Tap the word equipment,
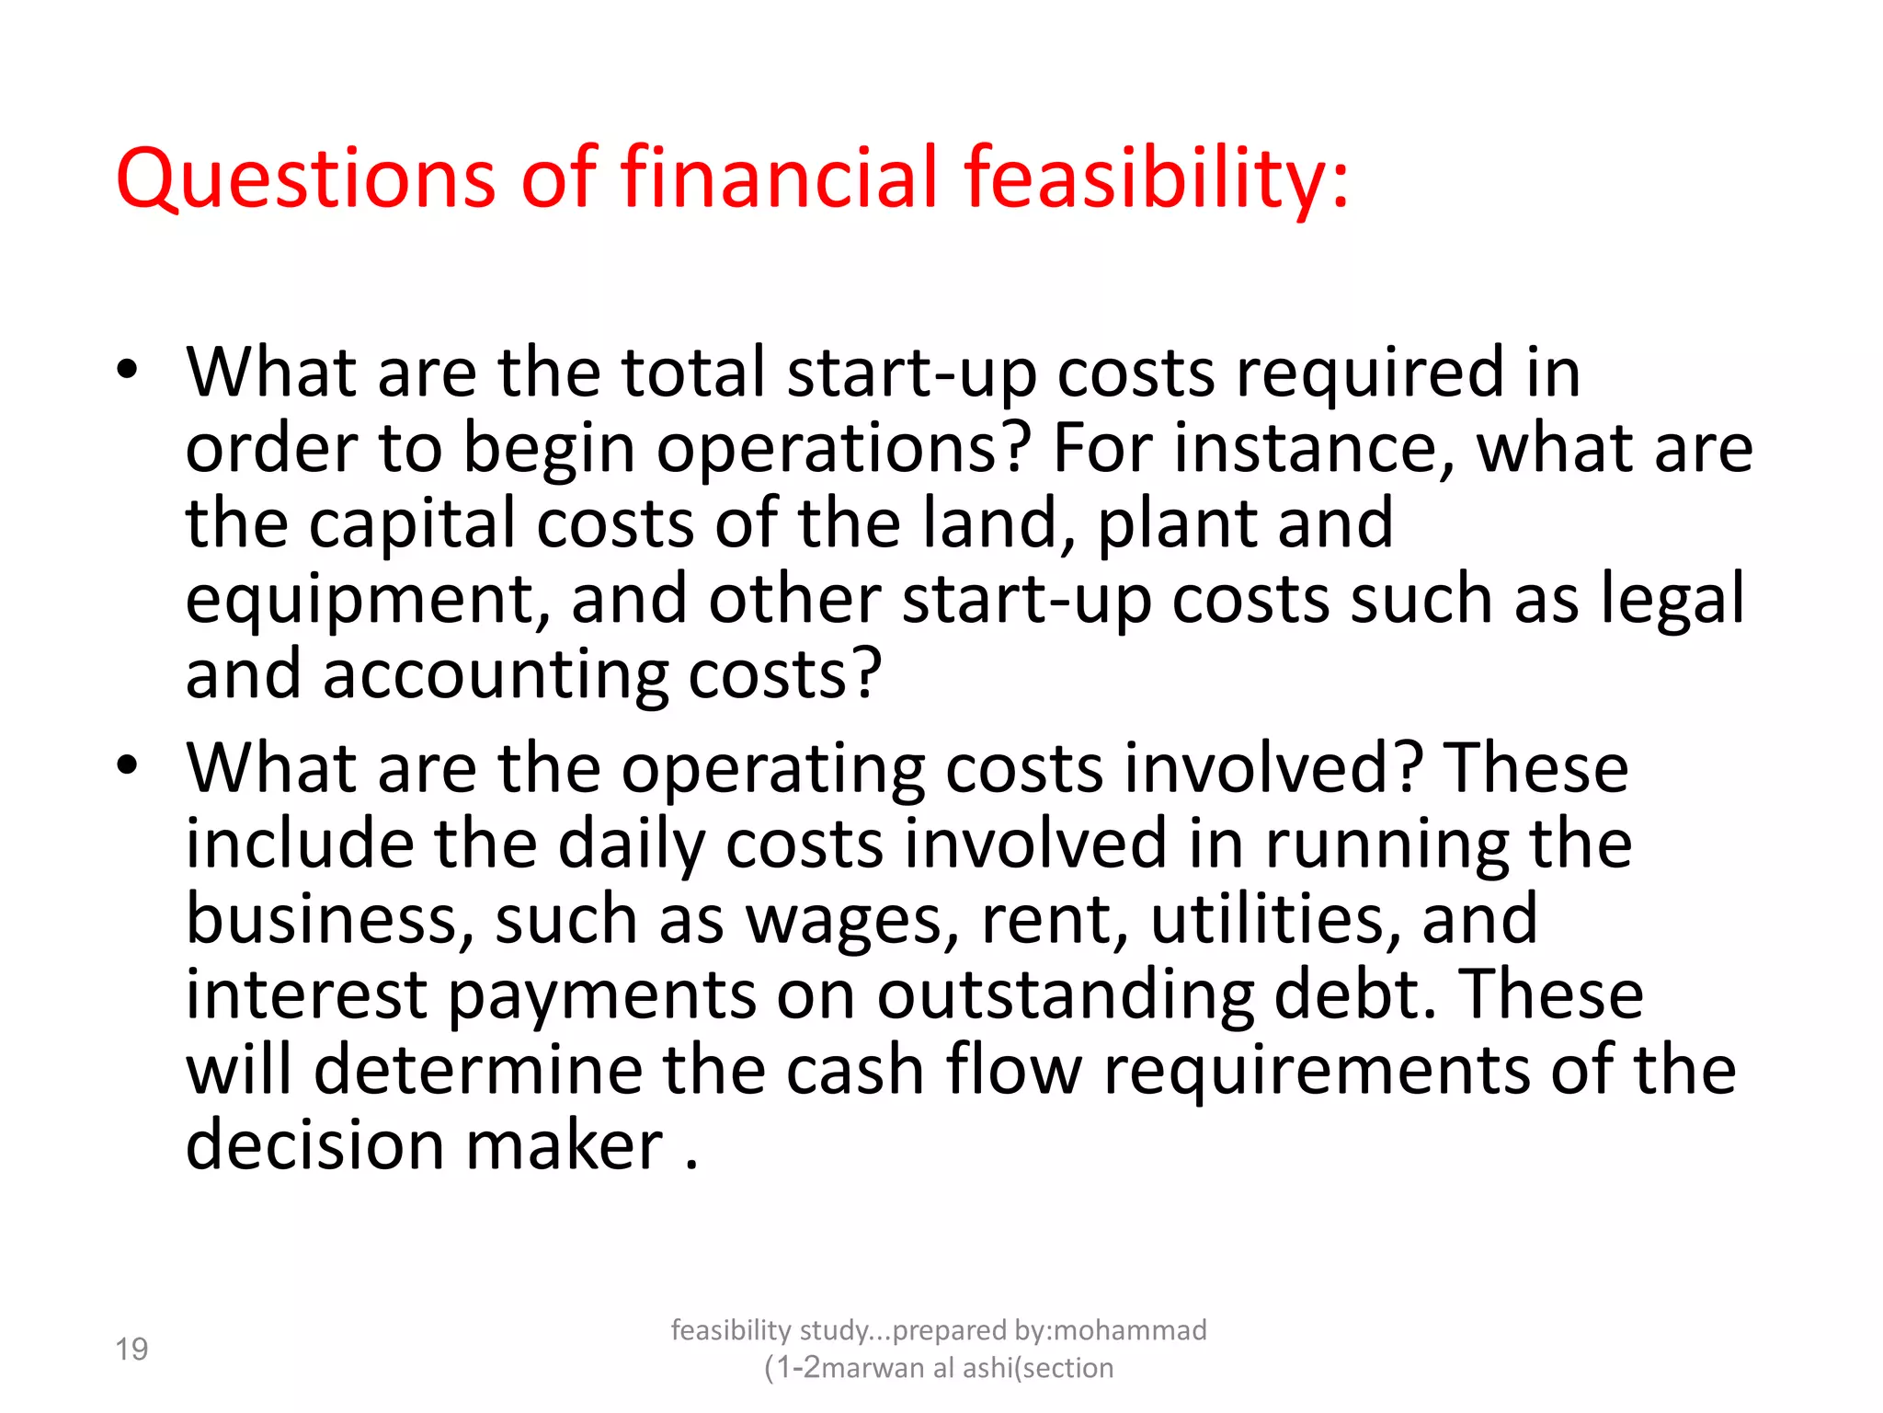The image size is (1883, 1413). click(368, 601)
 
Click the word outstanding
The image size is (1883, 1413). click(1065, 996)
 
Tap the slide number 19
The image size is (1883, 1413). click(131, 1350)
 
